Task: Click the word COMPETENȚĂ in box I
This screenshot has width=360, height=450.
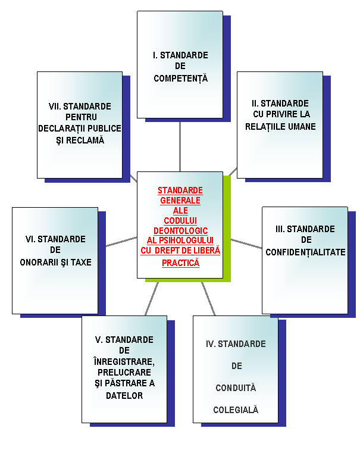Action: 180,78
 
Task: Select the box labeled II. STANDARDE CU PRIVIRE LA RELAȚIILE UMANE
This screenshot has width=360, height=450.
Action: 280,125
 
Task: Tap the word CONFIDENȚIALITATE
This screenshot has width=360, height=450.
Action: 305,252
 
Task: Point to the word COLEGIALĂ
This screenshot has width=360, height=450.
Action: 236,410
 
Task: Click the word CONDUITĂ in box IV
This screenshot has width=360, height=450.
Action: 236,387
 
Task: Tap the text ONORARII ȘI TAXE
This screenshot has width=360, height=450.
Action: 55,262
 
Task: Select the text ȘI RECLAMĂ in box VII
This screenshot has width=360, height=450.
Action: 80,140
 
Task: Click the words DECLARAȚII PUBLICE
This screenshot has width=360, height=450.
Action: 80,129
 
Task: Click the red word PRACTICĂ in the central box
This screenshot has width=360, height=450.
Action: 180,262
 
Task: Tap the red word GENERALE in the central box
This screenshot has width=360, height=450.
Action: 180,201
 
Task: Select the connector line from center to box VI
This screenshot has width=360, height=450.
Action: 121,241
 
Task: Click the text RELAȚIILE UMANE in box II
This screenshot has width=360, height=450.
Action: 280,126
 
